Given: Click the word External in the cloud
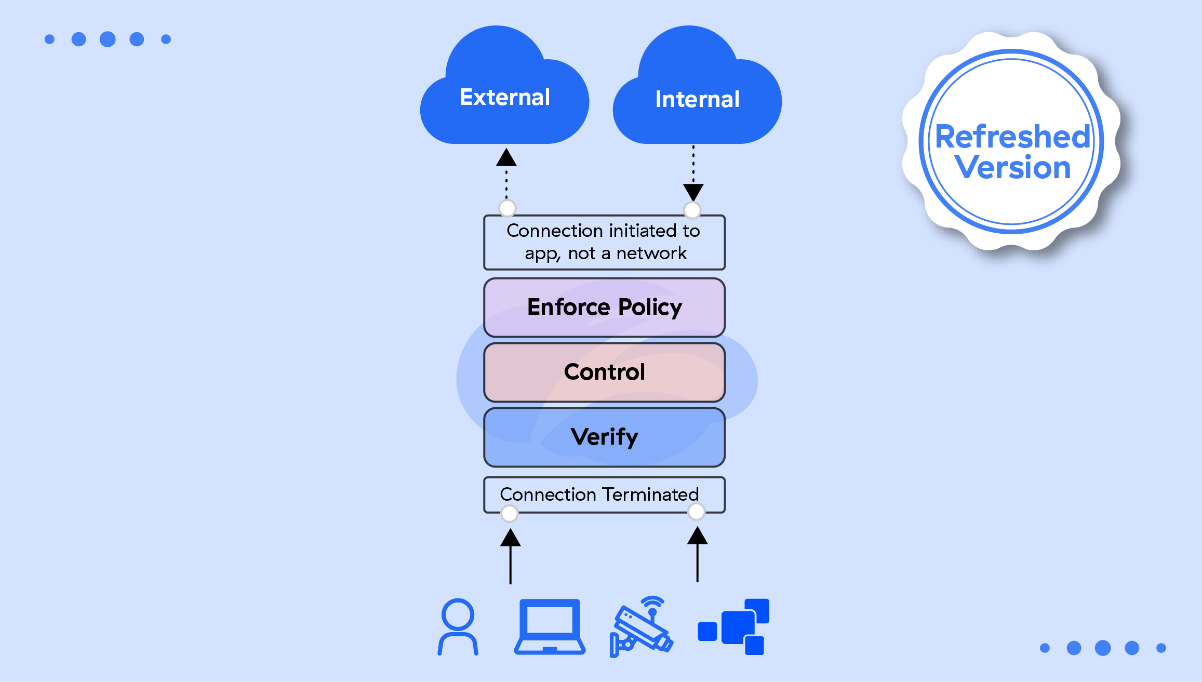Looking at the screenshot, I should (504, 97).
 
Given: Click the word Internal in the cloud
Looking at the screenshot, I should (697, 99).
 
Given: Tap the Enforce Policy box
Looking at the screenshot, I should (604, 307).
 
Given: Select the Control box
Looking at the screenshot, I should (604, 372).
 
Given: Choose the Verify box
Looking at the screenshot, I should (604, 437).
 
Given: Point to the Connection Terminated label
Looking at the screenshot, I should (599, 494).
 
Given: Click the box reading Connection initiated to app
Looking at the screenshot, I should (604, 242).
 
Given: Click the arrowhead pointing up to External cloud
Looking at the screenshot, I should (506, 157).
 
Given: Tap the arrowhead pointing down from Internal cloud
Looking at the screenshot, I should (693, 192).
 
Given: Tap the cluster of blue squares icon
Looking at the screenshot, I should (734, 627).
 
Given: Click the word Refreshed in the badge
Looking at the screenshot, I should (1012, 137).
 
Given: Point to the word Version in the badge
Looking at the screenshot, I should (1012, 167).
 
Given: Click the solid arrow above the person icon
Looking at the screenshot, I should (510, 556).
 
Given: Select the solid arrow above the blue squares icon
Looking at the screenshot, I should (697, 554).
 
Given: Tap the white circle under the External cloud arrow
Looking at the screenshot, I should (507, 208).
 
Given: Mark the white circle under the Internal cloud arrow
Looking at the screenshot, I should (692, 210).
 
